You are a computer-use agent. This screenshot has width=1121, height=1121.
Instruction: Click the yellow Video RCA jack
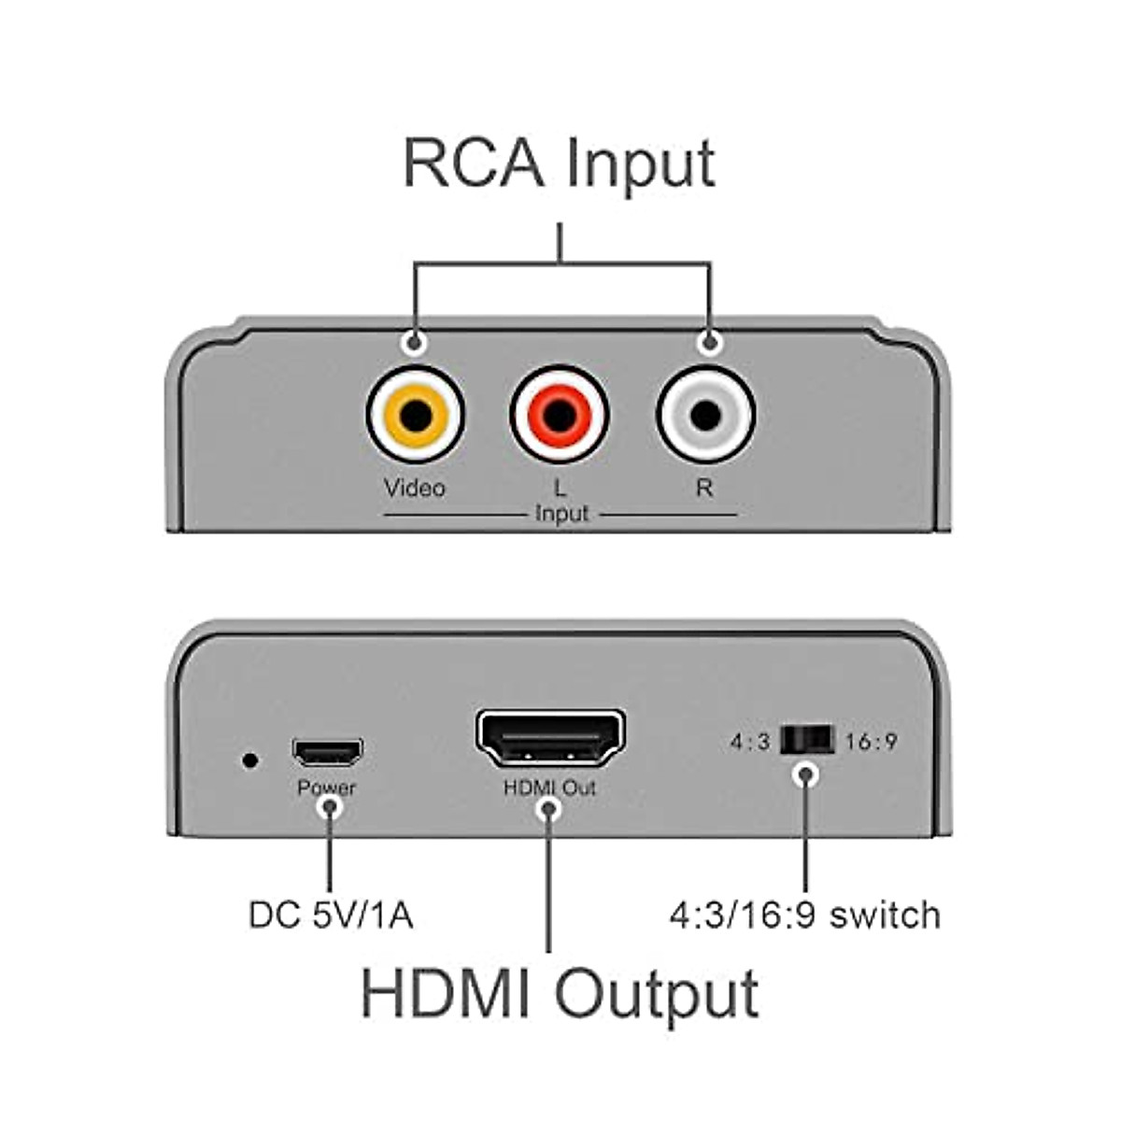tap(415, 414)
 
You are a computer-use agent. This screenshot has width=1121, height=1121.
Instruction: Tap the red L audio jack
tap(560, 414)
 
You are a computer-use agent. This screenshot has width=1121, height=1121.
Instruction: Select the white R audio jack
tap(705, 414)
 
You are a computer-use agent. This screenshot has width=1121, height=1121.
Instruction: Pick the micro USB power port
tap(327, 751)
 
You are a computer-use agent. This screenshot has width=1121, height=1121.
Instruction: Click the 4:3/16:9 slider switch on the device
tap(805, 741)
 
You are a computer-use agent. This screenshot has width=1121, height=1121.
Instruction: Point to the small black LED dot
tap(249, 759)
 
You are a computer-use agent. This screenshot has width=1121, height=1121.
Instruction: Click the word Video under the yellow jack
tap(415, 488)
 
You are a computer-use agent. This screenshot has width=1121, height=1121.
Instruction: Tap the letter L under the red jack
tap(560, 488)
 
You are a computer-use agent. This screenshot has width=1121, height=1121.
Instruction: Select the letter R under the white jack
tap(704, 488)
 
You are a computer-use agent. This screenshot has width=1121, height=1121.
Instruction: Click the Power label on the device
tap(327, 788)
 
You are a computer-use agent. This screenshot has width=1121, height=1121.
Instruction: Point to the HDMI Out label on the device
tap(549, 788)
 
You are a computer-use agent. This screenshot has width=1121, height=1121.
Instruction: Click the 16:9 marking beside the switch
tap(871, 742)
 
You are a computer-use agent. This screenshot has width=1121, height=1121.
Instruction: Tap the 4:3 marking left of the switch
tap(750, 742)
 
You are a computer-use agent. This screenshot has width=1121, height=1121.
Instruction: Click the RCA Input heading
tap(559, 164)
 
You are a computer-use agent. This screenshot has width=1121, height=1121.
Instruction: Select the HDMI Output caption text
tap(559, 994)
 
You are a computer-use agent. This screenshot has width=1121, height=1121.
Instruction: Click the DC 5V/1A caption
tap(331, 915)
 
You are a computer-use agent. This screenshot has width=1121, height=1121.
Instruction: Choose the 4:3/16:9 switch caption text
tap(804, 915)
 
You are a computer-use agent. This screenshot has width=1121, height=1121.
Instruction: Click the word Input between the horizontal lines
tap(561, 514)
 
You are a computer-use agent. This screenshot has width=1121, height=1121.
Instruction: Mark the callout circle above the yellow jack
tap(415, 343)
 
